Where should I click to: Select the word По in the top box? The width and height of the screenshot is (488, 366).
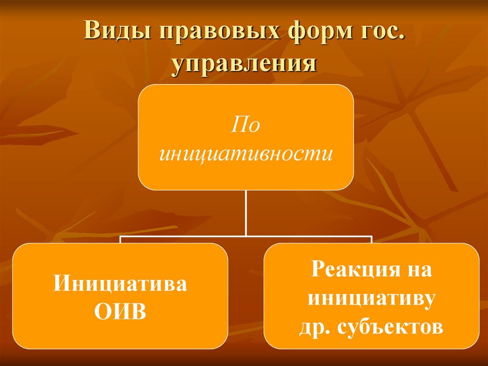246,125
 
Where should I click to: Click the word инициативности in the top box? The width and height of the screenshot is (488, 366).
246,154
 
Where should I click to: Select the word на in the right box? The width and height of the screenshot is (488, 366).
418,270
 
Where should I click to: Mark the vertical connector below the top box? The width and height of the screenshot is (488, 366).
246,212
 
